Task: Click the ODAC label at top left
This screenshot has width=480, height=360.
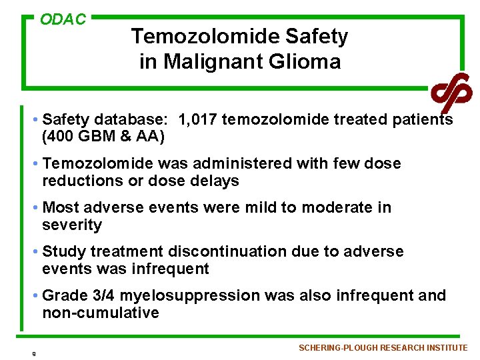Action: click(x=63, y=20)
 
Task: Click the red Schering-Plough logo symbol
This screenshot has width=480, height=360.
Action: click(x=451, y=91)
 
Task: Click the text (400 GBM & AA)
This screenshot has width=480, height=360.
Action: click(x=103, y=137)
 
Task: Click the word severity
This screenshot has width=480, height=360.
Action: click(x=72, y=225)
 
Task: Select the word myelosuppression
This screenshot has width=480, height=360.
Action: click(x=180, y=296)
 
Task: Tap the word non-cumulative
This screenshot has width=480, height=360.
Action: click(x=101, y=313)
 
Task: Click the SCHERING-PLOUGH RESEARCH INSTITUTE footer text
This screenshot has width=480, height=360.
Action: click(x=383, y=348)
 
